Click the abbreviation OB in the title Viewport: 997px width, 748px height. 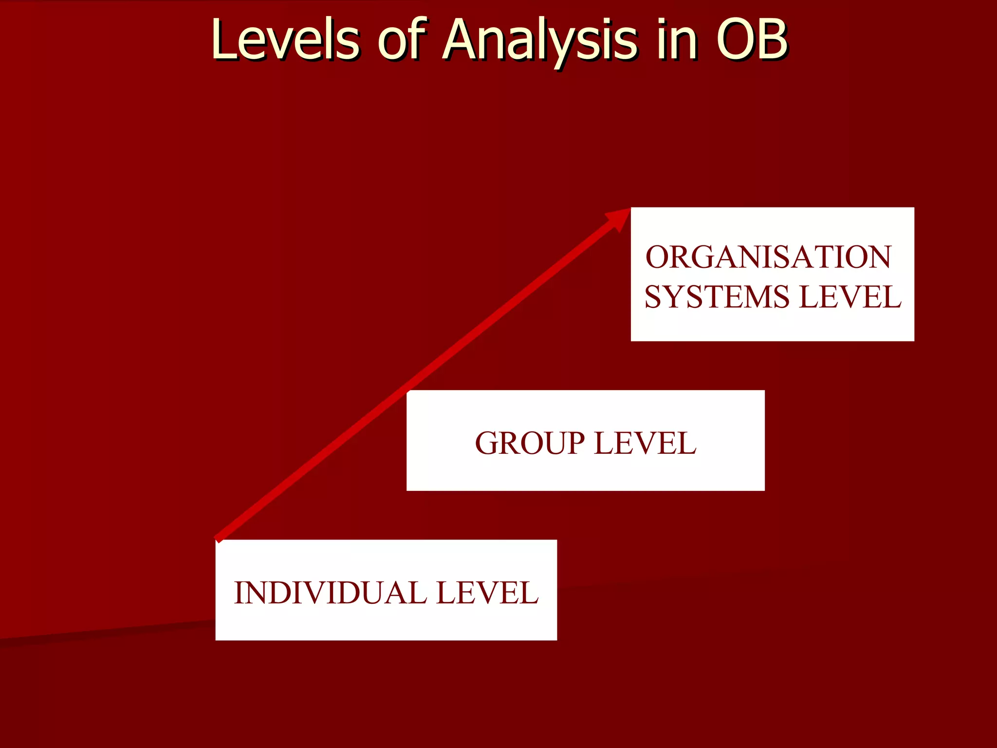(752, 40)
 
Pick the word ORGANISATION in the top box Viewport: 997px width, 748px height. (768, 257)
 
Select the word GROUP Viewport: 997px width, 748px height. (530, 444)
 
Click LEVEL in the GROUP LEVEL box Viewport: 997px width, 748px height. (646, 444)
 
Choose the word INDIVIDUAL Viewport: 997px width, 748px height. (330, 593)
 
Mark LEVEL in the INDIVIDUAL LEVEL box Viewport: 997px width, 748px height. (487, 593)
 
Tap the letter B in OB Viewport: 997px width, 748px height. (771, 40)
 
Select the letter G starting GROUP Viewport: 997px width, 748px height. (487, 444)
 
